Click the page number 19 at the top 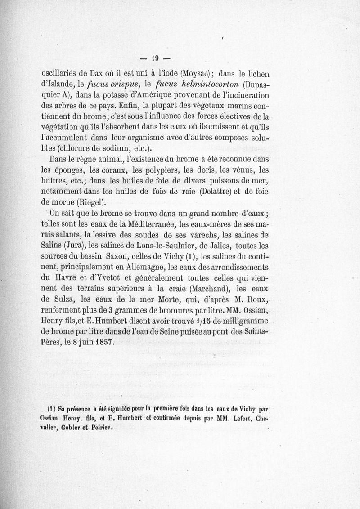coord(156,58)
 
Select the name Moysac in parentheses coord(194,74)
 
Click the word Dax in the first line coord(94,74)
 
